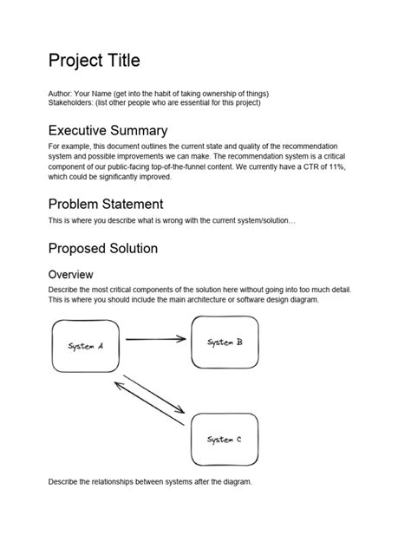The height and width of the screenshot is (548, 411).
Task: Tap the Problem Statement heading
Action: [106, 204]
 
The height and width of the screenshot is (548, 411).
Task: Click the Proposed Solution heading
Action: [103, 248]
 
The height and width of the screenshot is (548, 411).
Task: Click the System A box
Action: [86, 346]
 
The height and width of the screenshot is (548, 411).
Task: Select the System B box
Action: [225, 342]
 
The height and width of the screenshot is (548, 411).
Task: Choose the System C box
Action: [225, 440]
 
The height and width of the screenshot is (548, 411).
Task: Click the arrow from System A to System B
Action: [156, 338]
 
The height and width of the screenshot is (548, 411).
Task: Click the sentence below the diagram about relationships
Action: [150, 482]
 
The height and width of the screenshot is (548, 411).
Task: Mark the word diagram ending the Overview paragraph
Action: [301, 299]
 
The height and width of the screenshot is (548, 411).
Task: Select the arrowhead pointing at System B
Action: [182, 338]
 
